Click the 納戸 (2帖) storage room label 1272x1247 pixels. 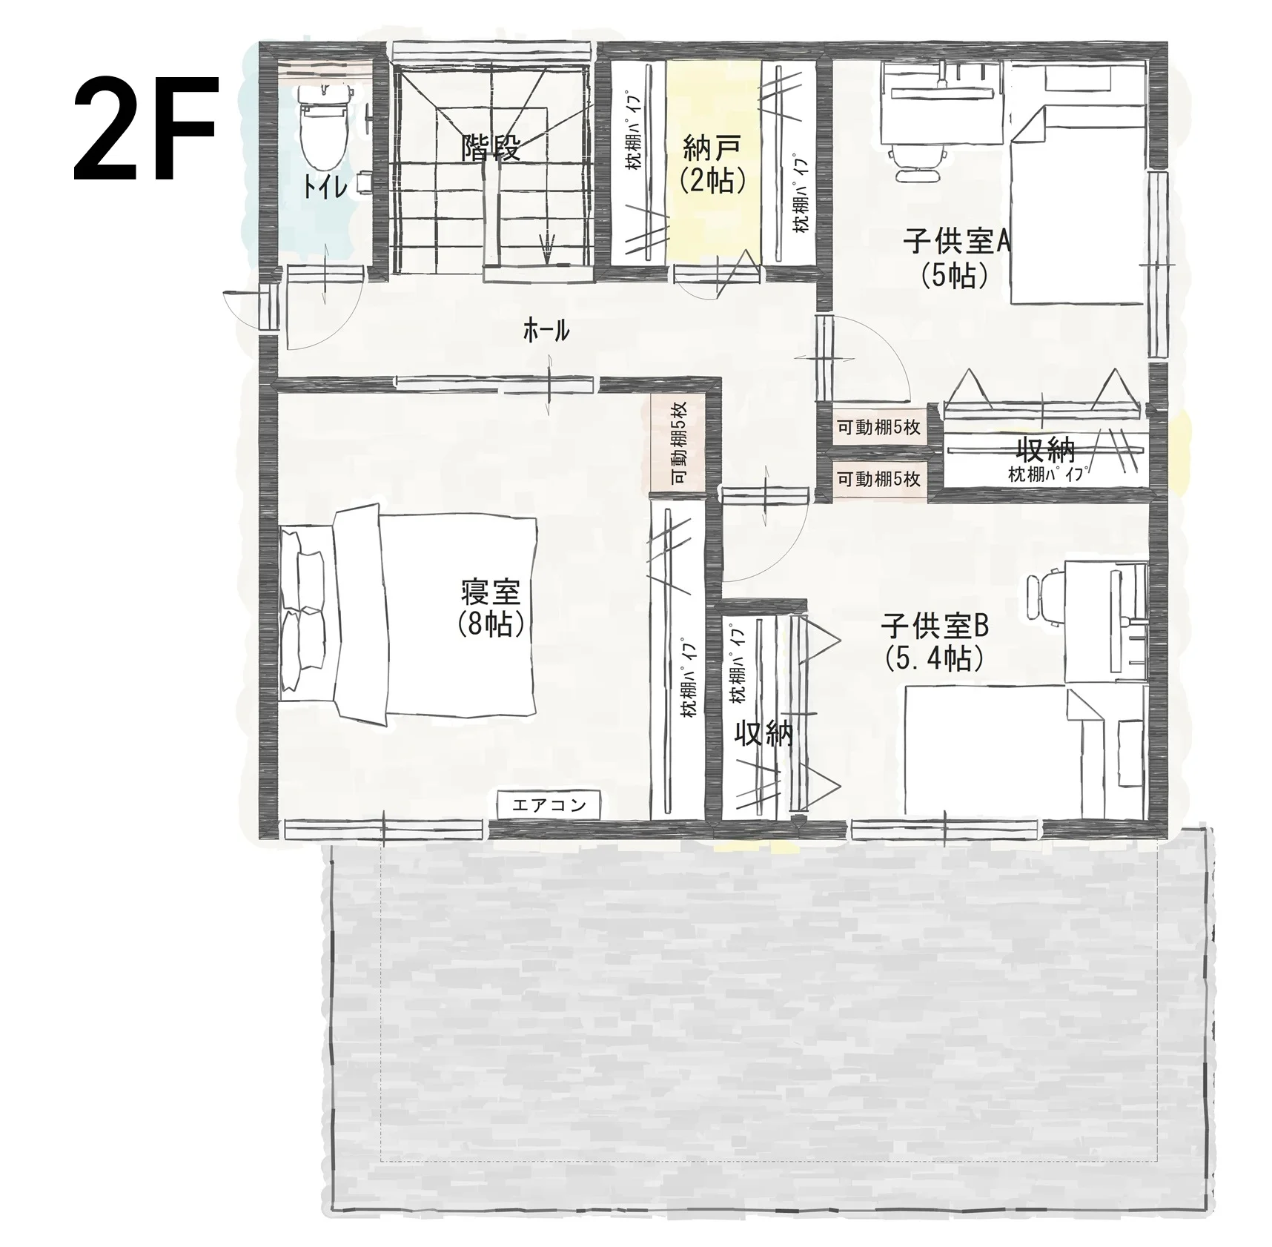tap(712, 164)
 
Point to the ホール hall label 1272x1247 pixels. tap(546, 330)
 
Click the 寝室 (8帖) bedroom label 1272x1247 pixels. tap(491, 607)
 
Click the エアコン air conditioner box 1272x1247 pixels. tap(549, 805)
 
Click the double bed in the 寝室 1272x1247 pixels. tap(408, 612)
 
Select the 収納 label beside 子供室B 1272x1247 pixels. tap(763, 733)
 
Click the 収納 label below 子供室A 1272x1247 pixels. tap(1045, 449)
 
